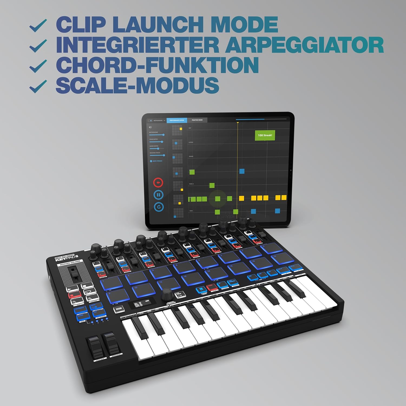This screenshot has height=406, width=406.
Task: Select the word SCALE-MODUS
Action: point(137,85)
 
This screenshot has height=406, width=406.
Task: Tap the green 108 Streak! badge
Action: point(265,135)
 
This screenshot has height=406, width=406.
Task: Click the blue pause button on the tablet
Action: point(158,195)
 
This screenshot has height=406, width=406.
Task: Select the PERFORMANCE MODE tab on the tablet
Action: point(177,120)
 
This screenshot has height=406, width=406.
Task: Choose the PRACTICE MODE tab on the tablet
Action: point(197,120)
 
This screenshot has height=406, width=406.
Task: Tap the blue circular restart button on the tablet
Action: point(159,207)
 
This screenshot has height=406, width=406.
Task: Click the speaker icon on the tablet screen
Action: point(150,127)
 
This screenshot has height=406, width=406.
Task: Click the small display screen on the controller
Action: point(142,304)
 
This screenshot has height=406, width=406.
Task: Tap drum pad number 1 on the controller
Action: point(111,283)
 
